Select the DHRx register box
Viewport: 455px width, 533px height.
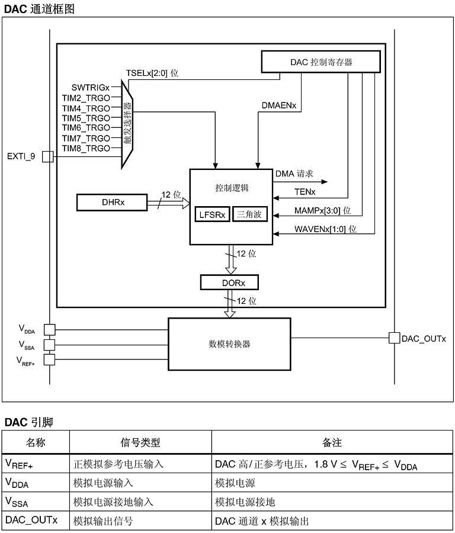pyautogui.click(x=112, y=203)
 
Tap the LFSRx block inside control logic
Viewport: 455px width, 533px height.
pyautogui.click(x=212, y=215)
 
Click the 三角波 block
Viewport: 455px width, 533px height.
pyautogui.click(x=249, y=215)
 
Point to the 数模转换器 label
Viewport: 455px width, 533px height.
pyautogui.click(x=229, y=343)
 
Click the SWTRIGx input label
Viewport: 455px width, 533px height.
pyautogui.click(x=91, y=87)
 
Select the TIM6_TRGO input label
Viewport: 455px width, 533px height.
pyautogui.click(x=86, y=127)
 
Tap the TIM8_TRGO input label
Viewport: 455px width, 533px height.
pyautogui.click(x=86, y=148)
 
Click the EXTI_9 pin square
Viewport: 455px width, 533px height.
pyautogui.click(x=49, y=156)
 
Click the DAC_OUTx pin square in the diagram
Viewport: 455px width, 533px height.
pyautogui.click(x=393, y=338)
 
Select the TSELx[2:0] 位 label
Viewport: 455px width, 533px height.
pyautogui.click(x=152, y=73)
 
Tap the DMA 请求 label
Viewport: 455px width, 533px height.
pyautogui.click(x=294, y=175)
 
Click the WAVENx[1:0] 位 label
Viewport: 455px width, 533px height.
pyautogui.click(x=325, y=229)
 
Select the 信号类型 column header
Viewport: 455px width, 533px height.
pyautogui.click(x=140, y=442)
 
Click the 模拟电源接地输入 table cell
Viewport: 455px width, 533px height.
pyautogui.click(x=113, y=502)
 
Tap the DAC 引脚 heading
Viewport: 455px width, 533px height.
pyautogui.click(x=29, y=422)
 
